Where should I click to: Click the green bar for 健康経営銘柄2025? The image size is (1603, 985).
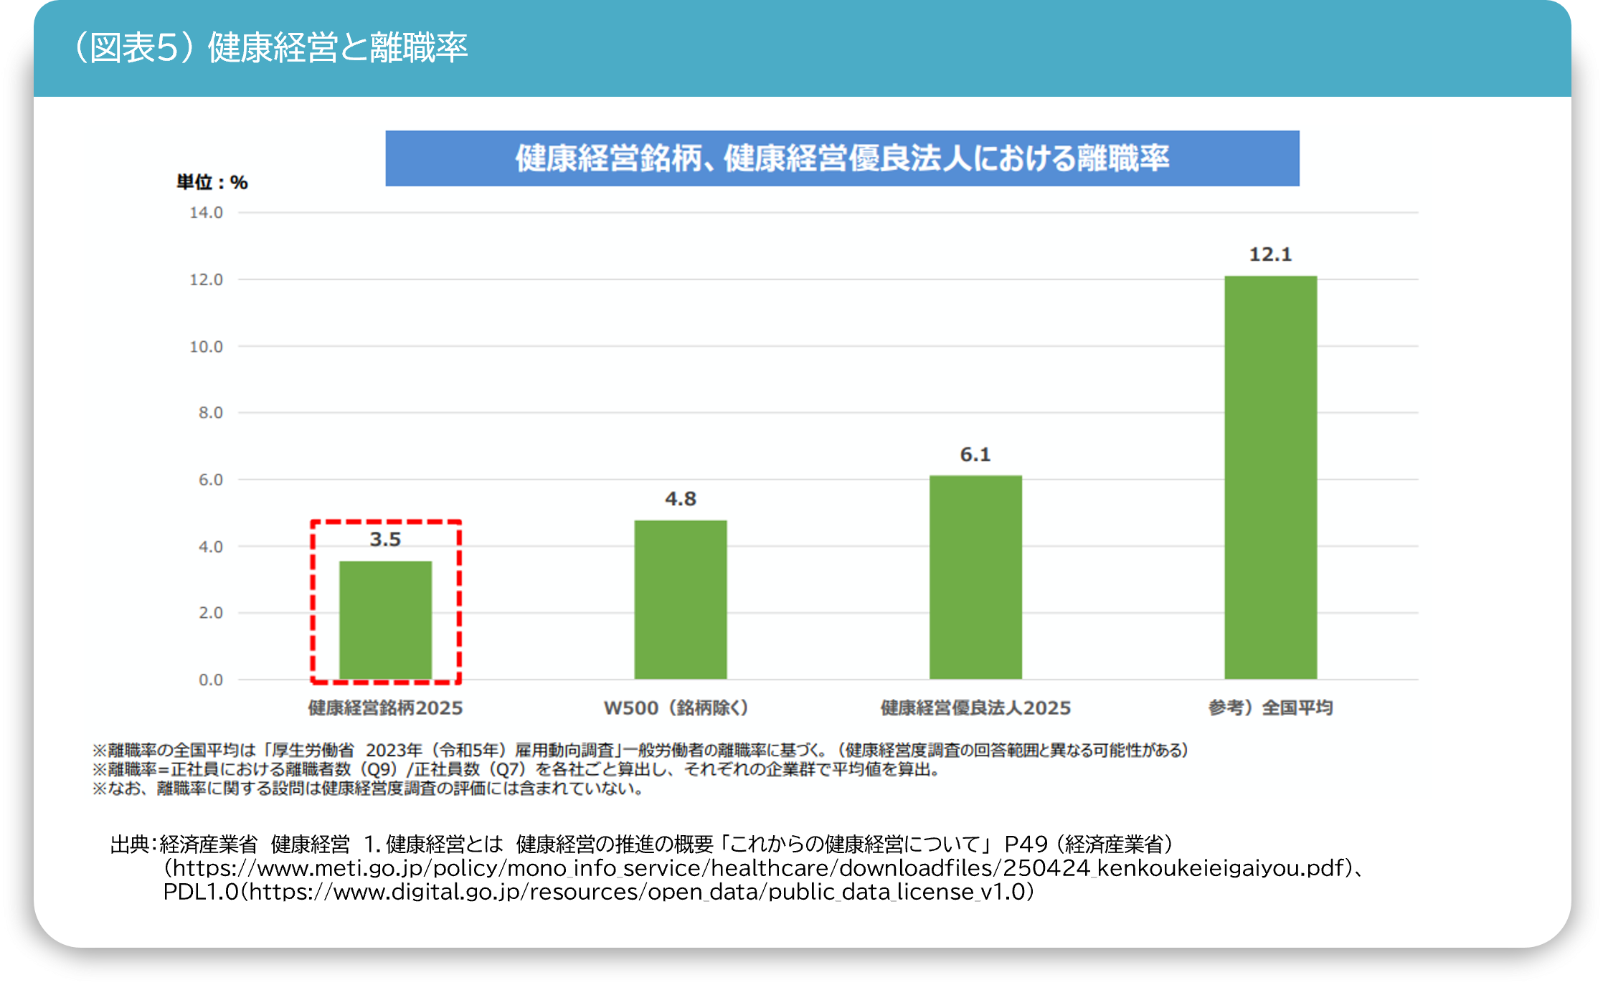point(385,620)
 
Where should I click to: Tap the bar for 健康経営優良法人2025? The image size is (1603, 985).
point(975,577)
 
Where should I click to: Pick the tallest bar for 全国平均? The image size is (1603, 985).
point(1270,477)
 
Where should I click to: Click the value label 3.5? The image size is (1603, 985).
point(385,539)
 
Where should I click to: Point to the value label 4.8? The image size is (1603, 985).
point(680,498)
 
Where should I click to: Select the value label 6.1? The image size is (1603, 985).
point(975,455)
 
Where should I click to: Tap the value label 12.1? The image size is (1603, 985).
point(1270,254)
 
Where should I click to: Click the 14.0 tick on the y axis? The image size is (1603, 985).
point(206,213)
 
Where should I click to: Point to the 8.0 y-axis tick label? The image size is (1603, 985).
point(210,413)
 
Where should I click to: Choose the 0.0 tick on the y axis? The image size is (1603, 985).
point(210,680)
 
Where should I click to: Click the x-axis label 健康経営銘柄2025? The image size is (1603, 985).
point(385,708)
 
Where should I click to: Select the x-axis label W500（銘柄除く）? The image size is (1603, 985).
point(676,708)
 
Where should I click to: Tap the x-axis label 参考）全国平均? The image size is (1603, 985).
point(1270,708)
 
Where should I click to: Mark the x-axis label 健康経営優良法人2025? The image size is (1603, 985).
point(975,708)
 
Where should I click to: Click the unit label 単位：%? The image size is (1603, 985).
point(212,183)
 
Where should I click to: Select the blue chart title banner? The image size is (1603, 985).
point(842,158)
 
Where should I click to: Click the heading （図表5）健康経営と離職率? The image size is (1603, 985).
point(270,48)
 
